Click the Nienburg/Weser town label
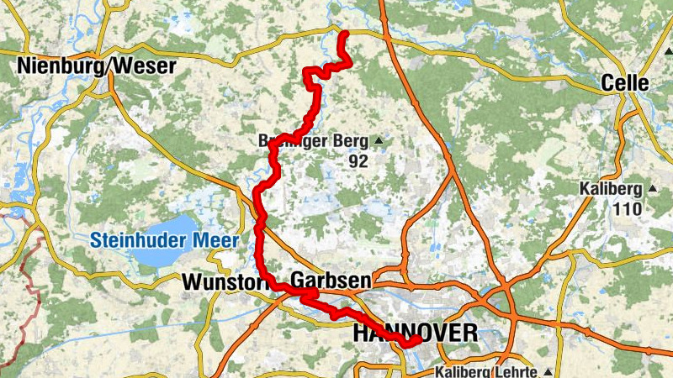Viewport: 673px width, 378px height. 96,66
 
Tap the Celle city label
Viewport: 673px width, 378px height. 626,83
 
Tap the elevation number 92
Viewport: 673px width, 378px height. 358,161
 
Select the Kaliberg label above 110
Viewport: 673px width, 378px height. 611,189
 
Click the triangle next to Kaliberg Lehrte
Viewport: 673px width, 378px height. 548,371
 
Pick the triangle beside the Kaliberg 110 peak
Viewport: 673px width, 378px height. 650,188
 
